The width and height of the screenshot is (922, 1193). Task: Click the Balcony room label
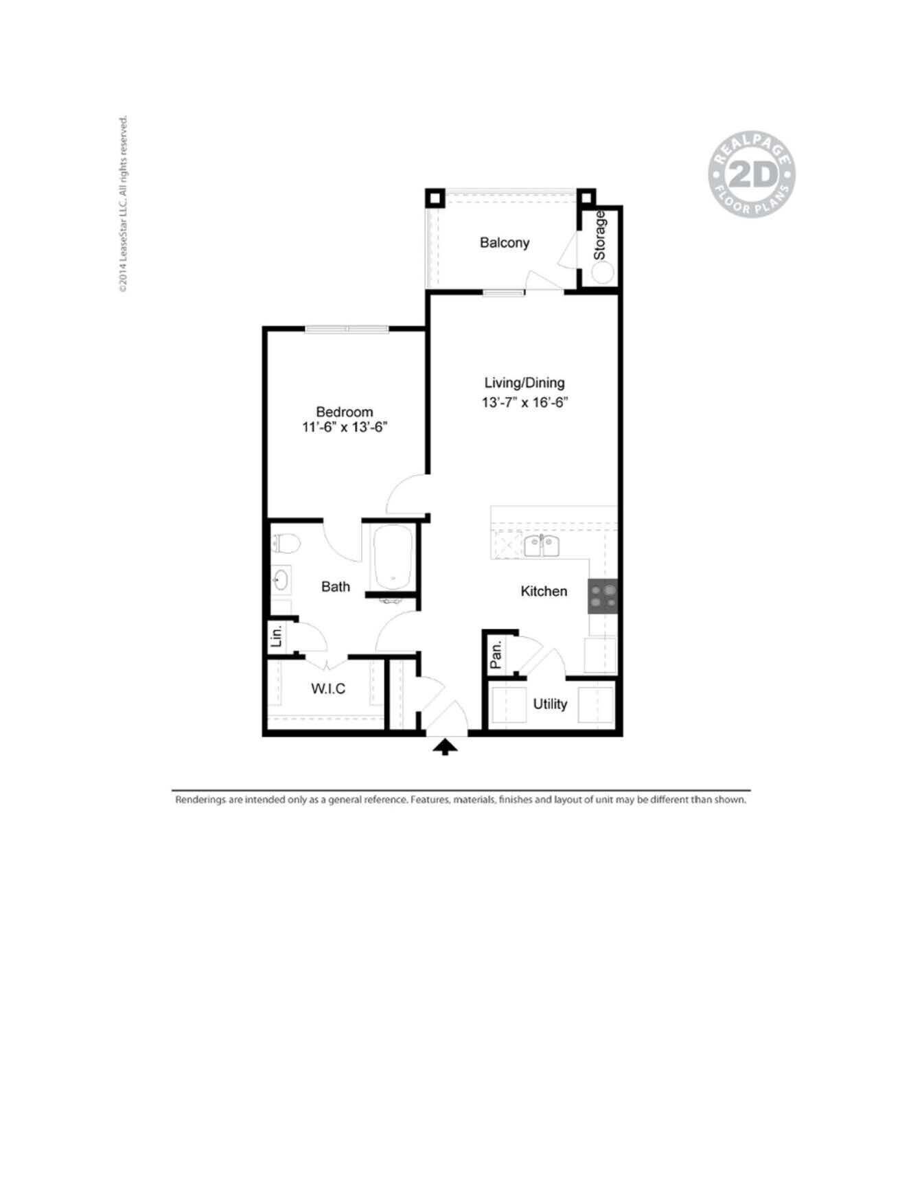coord(505,243)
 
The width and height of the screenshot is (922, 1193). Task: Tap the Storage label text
coord(600,235)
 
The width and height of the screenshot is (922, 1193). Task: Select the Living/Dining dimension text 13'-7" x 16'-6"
coord(525,402)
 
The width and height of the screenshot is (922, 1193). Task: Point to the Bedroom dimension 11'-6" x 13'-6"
coord(345,427)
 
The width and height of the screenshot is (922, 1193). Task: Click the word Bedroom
coord(345,412)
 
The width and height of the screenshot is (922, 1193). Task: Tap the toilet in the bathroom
coord(286,544)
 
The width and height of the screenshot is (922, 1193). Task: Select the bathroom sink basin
coord(280,581)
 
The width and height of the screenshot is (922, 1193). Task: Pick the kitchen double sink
coord(542,546)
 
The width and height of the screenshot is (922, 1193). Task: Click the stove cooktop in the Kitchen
coord(603,596)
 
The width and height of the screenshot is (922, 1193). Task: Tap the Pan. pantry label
coord(496,655)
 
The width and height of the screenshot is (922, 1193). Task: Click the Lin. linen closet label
coord(277,636)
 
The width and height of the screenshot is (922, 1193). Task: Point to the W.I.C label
coord(328,688)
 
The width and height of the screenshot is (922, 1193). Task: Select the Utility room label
coord(550,704)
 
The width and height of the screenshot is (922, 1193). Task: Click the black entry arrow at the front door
coord(446,747)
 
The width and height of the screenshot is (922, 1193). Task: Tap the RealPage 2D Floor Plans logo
coord(752,175)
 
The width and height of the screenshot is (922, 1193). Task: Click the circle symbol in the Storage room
coord(603,273)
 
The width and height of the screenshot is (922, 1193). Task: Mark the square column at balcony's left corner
coord(435,198)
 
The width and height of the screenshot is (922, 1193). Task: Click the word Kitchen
coord(544,591)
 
